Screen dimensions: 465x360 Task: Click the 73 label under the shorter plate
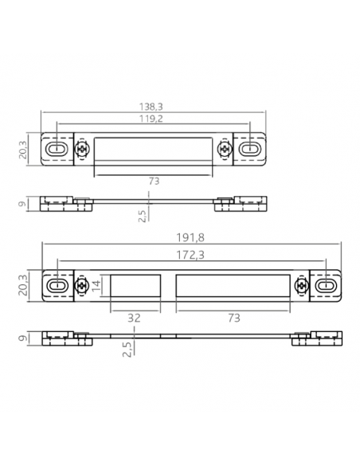[x=154, y=182]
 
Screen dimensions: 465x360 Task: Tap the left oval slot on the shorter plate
[x=57, y=149]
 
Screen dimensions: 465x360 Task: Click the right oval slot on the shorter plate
[x=250, y=149]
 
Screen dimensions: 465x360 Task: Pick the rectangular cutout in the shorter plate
[x=154, y=149]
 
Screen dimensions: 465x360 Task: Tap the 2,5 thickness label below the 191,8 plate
[x=127, y=348]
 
